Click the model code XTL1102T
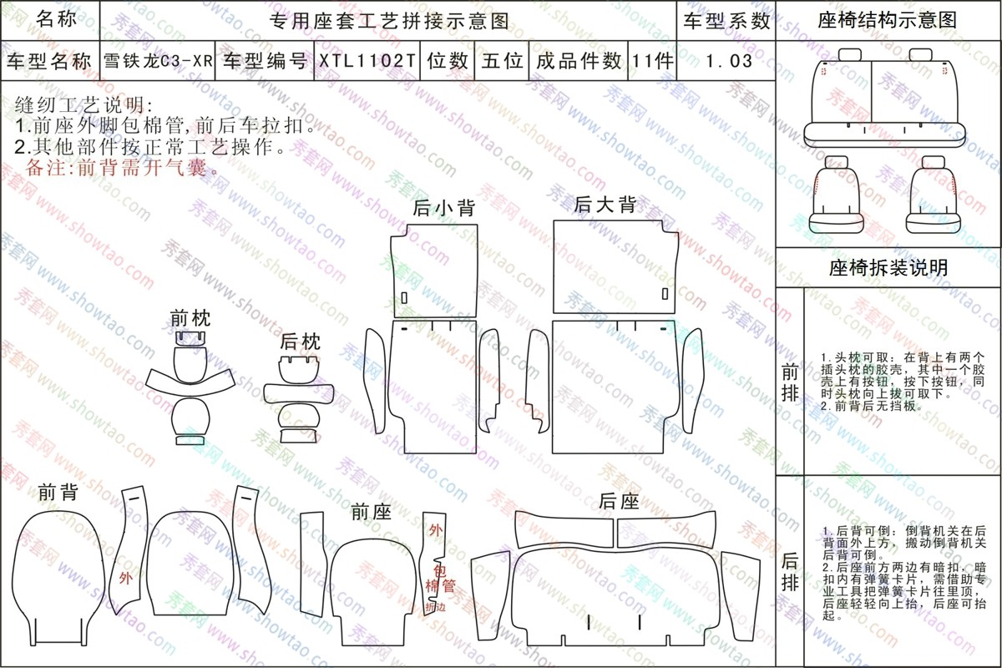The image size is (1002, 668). [367, 61]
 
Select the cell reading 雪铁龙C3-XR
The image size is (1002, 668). [158, 61]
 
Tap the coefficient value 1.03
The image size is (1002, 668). [729, 61]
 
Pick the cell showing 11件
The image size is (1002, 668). [652, 61]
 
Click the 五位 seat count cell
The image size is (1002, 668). [502, 61]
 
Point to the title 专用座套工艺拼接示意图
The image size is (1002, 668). [389, 21]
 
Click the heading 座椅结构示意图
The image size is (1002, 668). [888, 20]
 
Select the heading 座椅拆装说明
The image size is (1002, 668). [888, 267]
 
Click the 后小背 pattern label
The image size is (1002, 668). [443, 208]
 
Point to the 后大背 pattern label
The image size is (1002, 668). [605, 205]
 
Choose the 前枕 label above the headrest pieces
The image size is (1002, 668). [190, 319]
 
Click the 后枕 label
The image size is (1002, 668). [300, 342]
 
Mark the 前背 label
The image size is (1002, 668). [58, 493]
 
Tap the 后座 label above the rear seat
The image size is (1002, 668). [619, 502]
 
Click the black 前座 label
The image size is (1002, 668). [372, 513]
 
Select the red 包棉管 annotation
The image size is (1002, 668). [441, 578]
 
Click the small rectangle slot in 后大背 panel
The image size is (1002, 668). [665, 294]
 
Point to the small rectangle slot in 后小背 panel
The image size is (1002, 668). [404, 298]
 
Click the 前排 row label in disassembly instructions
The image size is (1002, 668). [790, 383]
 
